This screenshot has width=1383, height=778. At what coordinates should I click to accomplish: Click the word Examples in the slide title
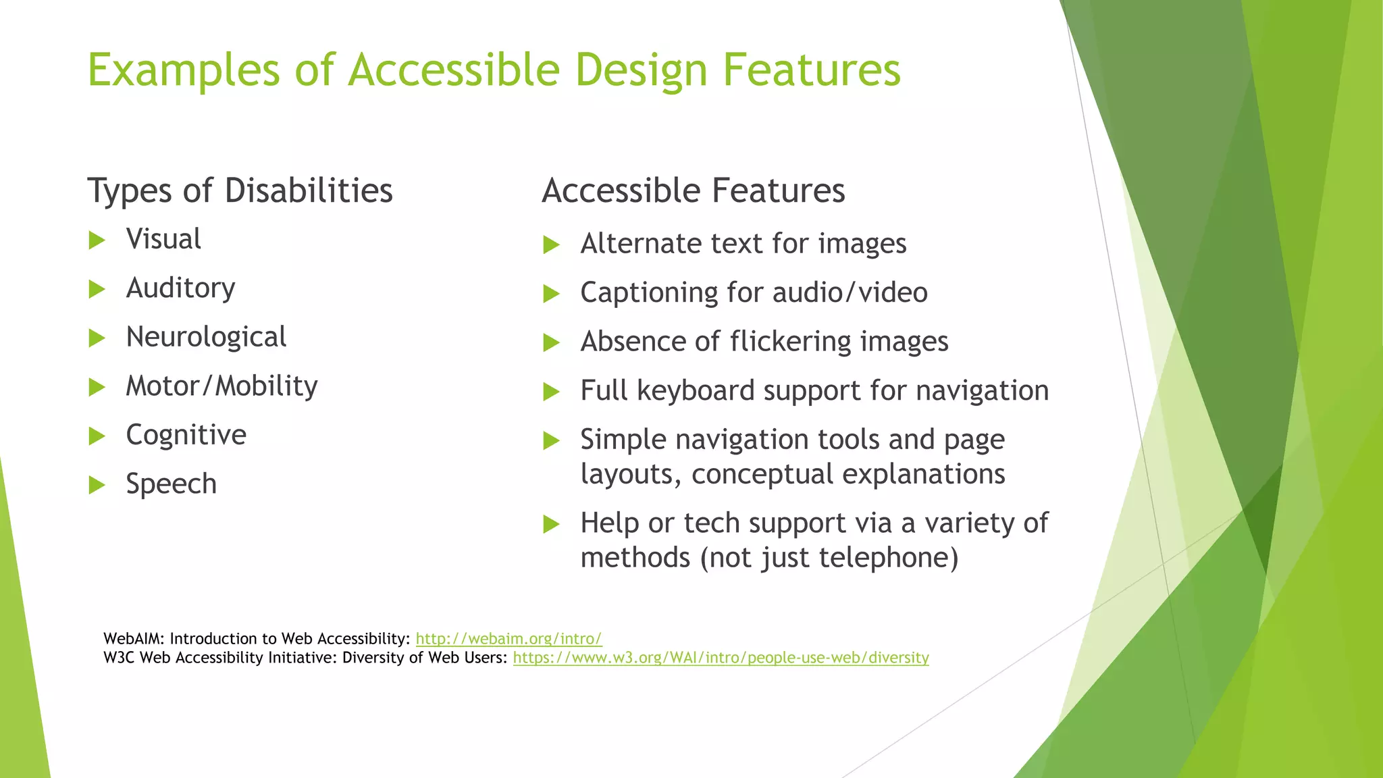click(x=183, y=70)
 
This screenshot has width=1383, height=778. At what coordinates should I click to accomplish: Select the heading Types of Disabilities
click(x=240, y=190)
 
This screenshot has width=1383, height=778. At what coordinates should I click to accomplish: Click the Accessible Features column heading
click(x=693, y=190)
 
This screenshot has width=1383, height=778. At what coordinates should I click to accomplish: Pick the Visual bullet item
click(x=163, y=239)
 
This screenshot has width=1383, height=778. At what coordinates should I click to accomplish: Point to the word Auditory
click(x=180, y=288)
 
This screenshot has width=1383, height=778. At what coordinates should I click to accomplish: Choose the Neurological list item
click(x=206, y=337)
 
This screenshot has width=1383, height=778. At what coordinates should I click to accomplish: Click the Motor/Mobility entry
click(x=221, y=386)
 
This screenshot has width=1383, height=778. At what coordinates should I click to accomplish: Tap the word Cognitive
click(x=186, y=435)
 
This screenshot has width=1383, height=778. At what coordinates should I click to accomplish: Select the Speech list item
click(x=171, y=484)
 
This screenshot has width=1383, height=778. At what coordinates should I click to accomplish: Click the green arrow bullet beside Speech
click(x=97, y=485)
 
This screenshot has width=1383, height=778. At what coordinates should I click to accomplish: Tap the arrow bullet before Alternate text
click(x=552, y=244)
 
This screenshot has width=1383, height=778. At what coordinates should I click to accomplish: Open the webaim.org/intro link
click(x=508, y=639)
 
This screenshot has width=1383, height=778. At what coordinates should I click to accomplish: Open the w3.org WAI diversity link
click(x=721, y=658)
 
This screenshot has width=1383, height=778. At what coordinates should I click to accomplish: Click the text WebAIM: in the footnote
click(x=133, y=639)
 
